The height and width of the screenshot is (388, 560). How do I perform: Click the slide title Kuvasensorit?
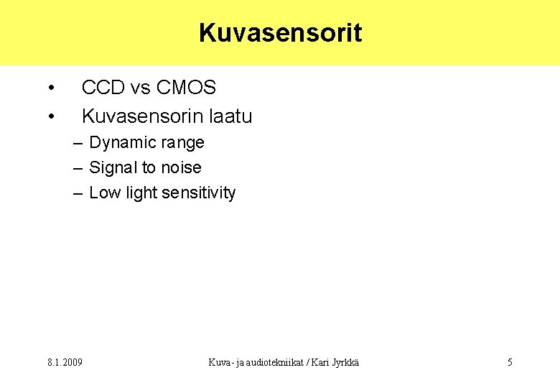point(280,33)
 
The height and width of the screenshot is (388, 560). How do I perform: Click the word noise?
point(182,168)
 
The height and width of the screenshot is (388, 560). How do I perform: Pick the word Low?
point(104,193)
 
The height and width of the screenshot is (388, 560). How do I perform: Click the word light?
point(141,193)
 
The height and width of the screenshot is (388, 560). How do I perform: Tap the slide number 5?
point(510,362)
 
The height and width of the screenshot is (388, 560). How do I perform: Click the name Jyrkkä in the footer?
point(343,362)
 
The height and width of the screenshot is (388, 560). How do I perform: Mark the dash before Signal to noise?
point(78,168)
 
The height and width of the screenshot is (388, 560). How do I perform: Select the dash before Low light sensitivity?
point(78,193)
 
